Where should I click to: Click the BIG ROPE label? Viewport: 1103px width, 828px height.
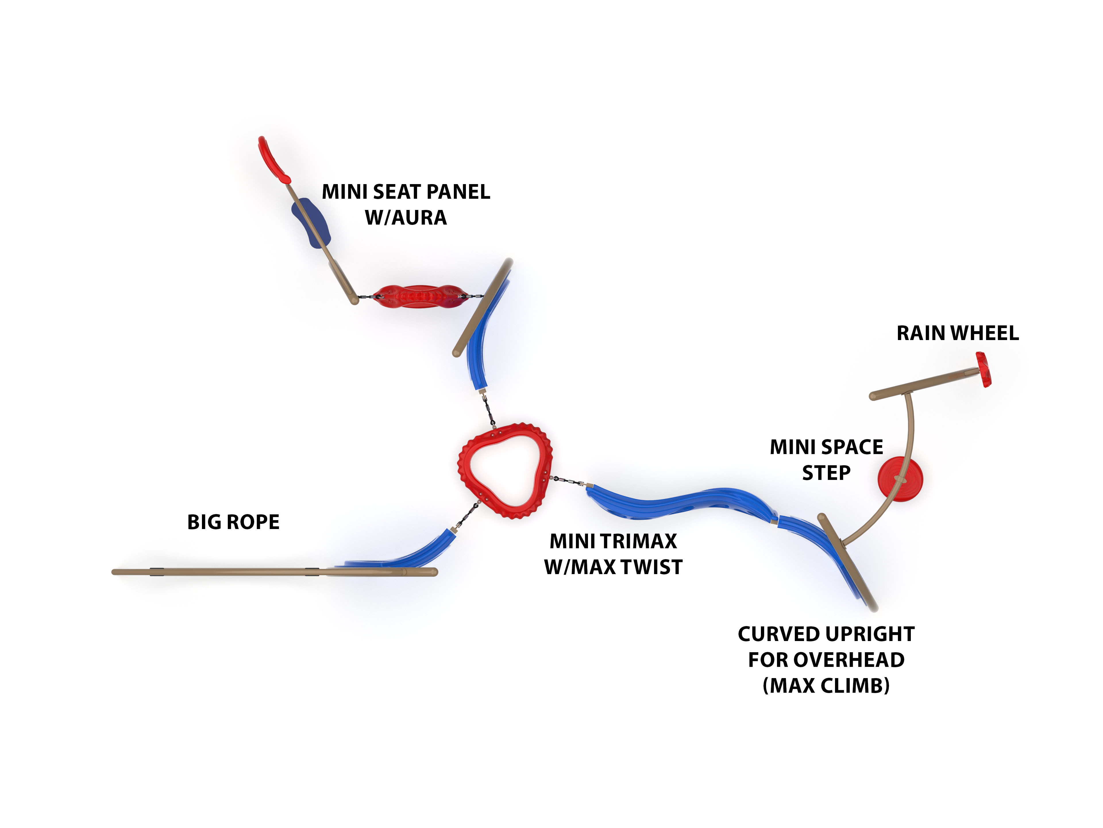233,522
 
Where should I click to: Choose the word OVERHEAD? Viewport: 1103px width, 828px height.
849,660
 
